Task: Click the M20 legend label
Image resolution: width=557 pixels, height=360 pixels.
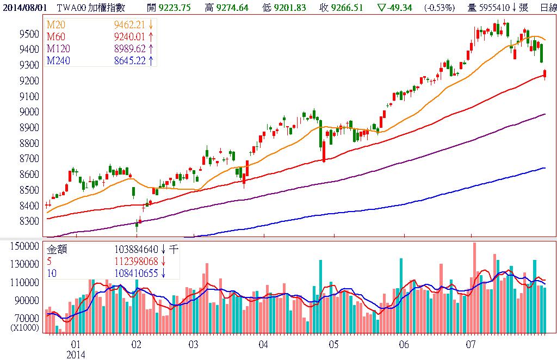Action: [55, 24]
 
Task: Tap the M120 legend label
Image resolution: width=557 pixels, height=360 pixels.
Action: [57, 48]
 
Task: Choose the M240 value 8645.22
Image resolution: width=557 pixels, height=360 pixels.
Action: [129, 60]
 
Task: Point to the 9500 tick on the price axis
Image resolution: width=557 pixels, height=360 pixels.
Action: [28, 34]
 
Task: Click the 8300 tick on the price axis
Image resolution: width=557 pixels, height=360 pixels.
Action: [28, 222]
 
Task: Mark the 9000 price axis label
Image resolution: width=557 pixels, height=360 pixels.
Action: [28, 112]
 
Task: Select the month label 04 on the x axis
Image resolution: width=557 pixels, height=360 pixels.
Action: [263, 345]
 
